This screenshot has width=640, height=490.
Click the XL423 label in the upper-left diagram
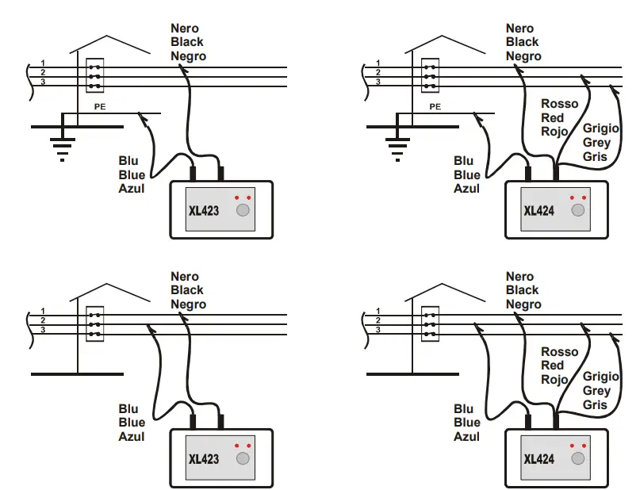[x=204, y=211]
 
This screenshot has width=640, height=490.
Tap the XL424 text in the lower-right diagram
[x=538, y=459]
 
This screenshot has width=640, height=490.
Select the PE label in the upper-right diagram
[x=435, y=107]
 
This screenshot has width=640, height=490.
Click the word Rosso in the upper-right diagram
[x=560, y=104]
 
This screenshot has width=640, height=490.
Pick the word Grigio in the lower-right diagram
[x=601, y=377]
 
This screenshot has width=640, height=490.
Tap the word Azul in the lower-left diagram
[x=132, y=437]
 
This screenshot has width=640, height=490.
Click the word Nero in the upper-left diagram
[x=185, y=29]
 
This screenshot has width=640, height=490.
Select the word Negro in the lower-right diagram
[x=523, y=304]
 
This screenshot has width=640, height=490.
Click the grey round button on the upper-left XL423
[x=243, y=210]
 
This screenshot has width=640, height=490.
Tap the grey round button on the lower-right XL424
[x=578, y=458]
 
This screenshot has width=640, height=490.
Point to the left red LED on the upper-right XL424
[x=572, y=198]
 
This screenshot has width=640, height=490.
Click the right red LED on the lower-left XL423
[x=248, y=446]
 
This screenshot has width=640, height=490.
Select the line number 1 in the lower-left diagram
[x=43, y=311]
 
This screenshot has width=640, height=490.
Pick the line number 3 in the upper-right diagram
[x=378, y=82]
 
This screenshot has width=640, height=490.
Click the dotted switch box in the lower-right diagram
[x=430, y=324]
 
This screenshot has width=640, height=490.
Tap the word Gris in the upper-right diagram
[x=595, y=157]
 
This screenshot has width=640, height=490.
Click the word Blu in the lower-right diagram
[x=463, y=409]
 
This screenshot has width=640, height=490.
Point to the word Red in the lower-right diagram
[x=552, y=366]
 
